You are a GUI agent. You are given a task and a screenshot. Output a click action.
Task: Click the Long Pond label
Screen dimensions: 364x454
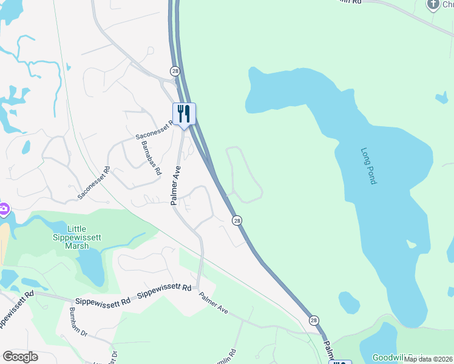(x=369, y=166)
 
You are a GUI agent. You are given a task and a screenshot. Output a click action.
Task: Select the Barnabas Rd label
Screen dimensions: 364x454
(x=152, y=159)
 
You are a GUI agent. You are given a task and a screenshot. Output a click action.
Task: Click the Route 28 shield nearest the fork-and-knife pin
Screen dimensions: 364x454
(x=175, y=71)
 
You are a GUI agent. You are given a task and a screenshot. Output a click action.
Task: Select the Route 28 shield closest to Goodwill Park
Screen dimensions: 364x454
(x=313, y=320)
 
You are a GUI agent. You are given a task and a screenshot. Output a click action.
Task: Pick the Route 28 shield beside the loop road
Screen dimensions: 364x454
(x=237, y=220)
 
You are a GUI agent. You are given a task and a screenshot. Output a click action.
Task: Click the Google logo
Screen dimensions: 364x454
(x=20, y=357)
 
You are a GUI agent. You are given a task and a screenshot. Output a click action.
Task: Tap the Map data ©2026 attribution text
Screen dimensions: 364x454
(x=429, y=359)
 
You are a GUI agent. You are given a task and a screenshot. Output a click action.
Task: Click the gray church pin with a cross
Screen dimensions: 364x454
(x=433, y=5)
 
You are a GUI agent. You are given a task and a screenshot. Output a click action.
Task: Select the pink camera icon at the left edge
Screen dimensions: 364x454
(x=3, y=209)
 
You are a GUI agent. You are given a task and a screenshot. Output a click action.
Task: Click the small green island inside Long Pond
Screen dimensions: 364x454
(x=412, y=244)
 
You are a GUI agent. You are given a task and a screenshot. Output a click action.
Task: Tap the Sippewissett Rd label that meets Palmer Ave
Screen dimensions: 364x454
(x=165, y=295)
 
